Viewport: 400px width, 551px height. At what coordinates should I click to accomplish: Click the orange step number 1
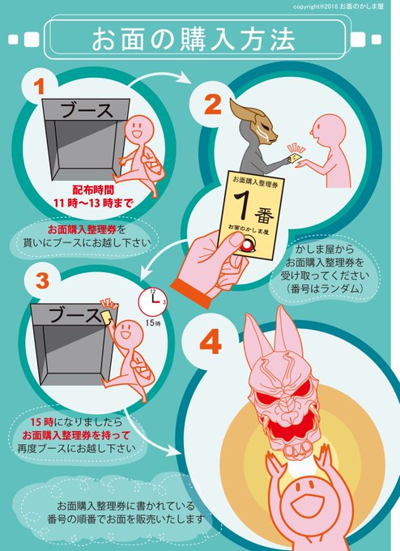click(40, 87)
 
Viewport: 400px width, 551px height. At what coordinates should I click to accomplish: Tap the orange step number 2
click(213, 105)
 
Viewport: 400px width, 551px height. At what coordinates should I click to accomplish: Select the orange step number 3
click(42, 281)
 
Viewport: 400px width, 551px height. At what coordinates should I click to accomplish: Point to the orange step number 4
click(211, 341)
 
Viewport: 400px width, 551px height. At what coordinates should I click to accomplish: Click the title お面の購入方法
click(194, 40)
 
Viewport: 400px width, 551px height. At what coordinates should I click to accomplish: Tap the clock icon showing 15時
click(153, 301)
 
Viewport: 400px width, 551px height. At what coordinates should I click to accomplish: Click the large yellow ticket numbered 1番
click(251, 215)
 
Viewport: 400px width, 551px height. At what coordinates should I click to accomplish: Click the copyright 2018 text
click(338, 6)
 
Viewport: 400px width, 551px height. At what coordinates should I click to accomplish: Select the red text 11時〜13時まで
click(93, 203)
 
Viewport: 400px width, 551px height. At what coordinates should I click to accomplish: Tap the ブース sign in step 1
click(87, 110)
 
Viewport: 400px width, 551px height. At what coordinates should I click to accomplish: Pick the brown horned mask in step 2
click(253, 122)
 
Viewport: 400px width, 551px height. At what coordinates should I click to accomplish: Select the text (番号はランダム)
click(323, 288)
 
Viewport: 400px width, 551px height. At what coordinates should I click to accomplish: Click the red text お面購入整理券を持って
click(76, 435)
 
